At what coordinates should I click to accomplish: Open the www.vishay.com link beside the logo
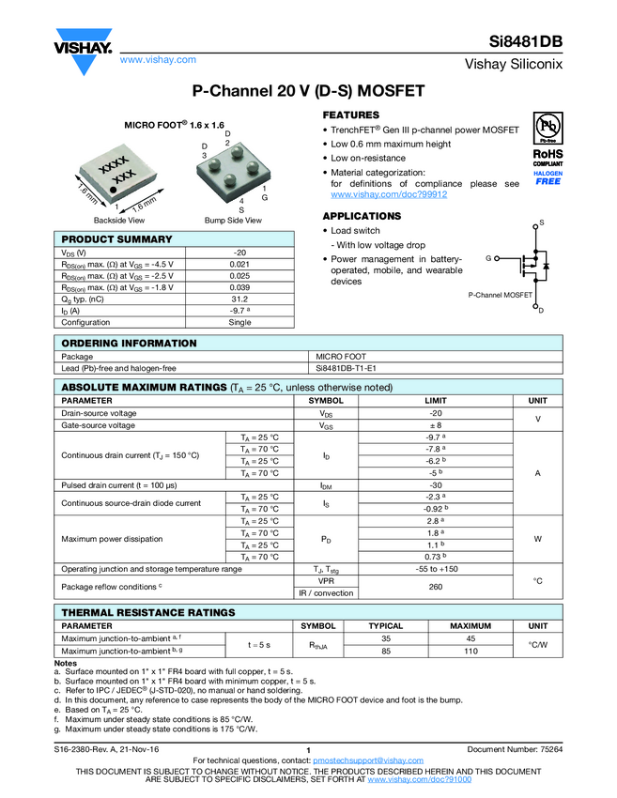pyautogui.click(x=158, y=59)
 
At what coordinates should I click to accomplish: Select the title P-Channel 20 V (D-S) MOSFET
pyautogui.click(x=308, y=92)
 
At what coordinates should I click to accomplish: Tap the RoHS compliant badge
pyautogui.click(x=548, y=156)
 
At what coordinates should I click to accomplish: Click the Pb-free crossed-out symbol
pyautogui.click(x=548, y=127)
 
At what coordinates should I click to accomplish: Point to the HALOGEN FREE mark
pyautogui.click(x=548, y=178)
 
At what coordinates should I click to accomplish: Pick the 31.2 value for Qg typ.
pyautogui.click(x=239, y=299)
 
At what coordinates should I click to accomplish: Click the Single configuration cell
pyautogui.click(x=239, y=322)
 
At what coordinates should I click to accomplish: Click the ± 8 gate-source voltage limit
pyautogui.click(x=435, y=425)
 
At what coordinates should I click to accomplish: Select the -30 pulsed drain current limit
pyautogui.click(x=435, y=485)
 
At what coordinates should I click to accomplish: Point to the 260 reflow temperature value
pyautogui.click(x=435, y=587)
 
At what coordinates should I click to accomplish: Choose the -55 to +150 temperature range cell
pyautogui.click(x=435, y=569)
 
